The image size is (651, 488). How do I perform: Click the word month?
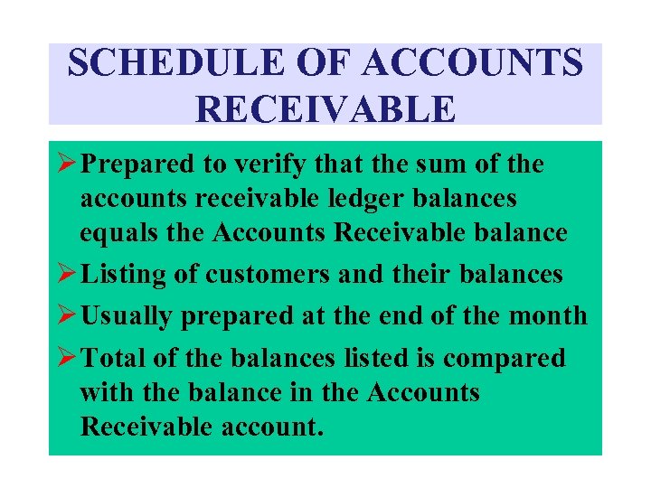pos(549,315)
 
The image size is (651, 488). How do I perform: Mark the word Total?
pos(113,358)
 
